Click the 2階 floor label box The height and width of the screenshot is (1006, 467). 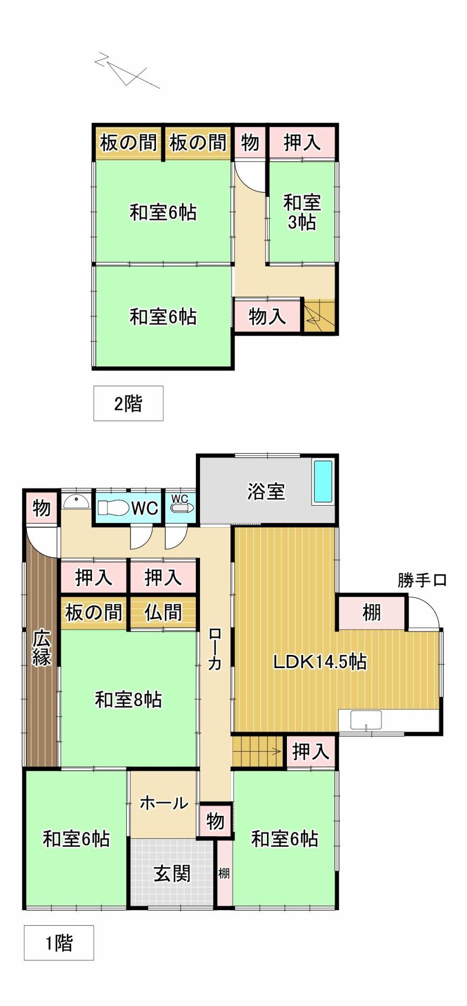click(x=128, y=403)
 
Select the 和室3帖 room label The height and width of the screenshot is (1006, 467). click(x=302, y=212)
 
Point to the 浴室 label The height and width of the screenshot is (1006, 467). click(x=266, y=491)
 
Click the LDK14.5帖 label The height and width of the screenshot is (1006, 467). click(x=319, y=662)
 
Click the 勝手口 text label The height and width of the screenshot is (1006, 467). click(x=421, y=581)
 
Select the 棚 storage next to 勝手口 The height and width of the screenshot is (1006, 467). click(x=372, y=612)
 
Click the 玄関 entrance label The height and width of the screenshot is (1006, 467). click(x=172, y=873)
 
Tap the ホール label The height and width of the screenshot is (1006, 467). click(x=163, y=803)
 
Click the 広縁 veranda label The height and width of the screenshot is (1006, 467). click(x=41, y=649)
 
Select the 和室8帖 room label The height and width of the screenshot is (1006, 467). click(x=128, y=699)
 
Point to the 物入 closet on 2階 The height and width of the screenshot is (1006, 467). click(x=267, y=316)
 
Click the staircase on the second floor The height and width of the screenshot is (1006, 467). click(x=319, y=315)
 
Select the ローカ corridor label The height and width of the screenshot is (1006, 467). click(x=215, y=649)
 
